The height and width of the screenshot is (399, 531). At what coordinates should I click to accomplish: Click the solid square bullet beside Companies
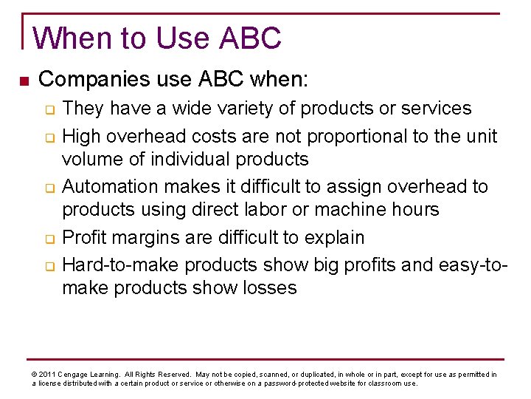click(x=24, y=78)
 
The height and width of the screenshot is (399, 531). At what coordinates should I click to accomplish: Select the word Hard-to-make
click(x=121, y=265)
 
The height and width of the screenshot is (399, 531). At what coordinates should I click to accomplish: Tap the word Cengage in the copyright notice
click(x=76, y=375)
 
